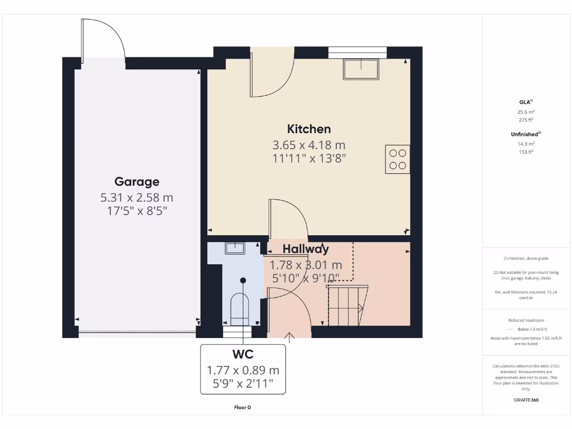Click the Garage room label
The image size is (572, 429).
click(137, 182)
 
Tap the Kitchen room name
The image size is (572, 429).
click(309, 129)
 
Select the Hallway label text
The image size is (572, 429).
click(306, 249)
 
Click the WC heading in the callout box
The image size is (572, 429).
click(243, 354)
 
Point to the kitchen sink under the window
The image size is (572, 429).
click(361, 69)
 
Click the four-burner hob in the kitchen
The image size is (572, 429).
click(397, 158)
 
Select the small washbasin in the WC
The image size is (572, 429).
click(235, 248)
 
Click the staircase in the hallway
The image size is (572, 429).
click(346, 304)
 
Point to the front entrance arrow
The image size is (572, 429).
click(289, 336)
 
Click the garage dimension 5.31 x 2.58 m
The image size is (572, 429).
click(137, 197)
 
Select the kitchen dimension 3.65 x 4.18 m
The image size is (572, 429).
click(309, 145)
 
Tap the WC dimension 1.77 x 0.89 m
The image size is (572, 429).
click(243, 370)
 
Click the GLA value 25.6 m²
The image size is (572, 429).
click(526, 112)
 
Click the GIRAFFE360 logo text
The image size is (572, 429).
click(526, 400)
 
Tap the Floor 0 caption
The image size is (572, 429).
click(242, 407)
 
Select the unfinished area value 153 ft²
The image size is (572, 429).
click(526, 151)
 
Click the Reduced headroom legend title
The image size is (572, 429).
click(525, 320)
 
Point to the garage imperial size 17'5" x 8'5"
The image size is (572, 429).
click(137, 211)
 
